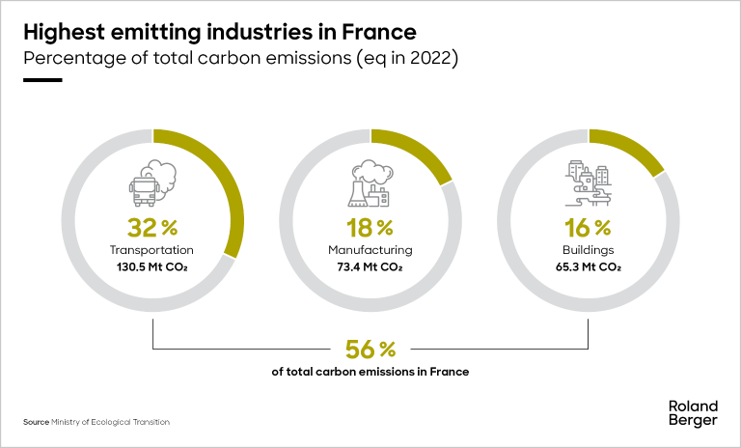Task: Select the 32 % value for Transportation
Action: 152,229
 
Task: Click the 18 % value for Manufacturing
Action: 370,229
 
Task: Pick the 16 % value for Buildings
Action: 589,229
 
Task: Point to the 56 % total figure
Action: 370,349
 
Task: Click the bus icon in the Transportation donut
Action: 146,186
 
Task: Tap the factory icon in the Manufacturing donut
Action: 368,186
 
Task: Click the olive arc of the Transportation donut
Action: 228,188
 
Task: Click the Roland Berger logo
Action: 693,412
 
